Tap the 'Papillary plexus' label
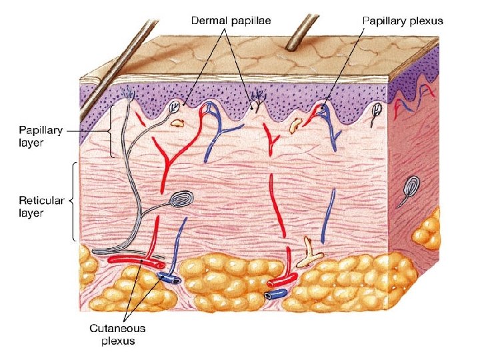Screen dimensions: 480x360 coord(402,21)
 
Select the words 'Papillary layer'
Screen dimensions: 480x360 coord(41,137)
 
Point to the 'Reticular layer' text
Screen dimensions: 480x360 coord(41,207)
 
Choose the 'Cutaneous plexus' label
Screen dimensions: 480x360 coord(117,335)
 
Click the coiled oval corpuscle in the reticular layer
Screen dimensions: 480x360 coord(183,199)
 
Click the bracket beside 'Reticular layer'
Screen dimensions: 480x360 coord(73,199)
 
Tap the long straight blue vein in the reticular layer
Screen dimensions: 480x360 coord(328,217)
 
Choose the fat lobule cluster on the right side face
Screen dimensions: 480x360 coord(427,230)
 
